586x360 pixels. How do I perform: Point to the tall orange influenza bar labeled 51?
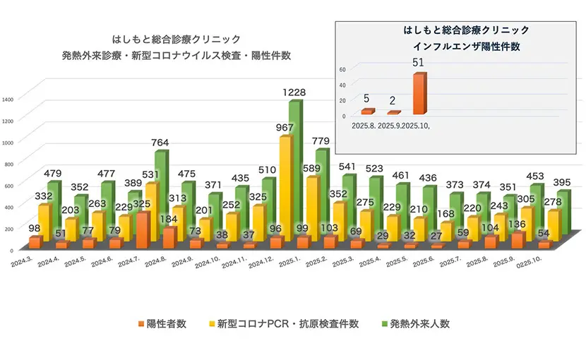point(419,93)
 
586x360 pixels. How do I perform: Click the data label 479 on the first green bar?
point(54,174)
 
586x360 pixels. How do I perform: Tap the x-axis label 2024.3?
point(21,262)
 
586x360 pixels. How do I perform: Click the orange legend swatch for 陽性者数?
point(140,324)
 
